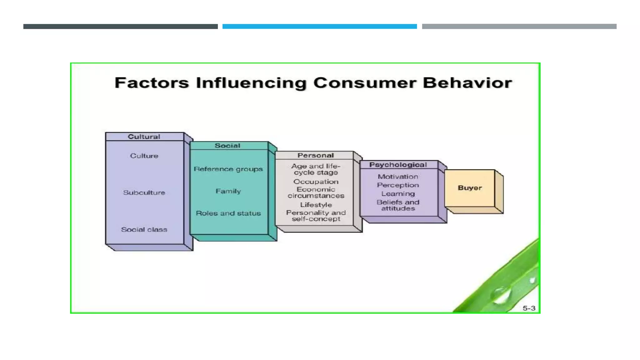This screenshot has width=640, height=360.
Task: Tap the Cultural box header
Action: pyautogui.click(x=144, y=137)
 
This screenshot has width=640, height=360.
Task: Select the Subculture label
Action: pyautogui.click(x=144, y=192)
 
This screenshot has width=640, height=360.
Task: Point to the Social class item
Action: pyautogui.click(x=144, y=229)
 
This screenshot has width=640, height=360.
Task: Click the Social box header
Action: pyautogui.click(x=227, y=146)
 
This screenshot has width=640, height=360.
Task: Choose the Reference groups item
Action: pyautogui.click(x=228, y=169)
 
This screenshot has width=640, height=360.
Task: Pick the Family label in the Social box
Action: pyautogui.click(x=228, y=191)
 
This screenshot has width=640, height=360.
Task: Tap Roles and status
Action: pyautogui.click(x=228, y=213)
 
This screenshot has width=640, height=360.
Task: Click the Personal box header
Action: pyautogui.click(x=316, y=155)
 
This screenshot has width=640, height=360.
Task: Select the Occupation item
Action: pyautogui.click(x=316, y=182)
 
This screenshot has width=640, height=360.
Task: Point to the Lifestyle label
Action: pyautogui.click(x=316, y=205)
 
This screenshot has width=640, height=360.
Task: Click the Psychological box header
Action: pyautogui.click(x=398, y=165)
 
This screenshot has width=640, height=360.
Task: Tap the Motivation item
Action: pyautogui.click(x=398, y=177)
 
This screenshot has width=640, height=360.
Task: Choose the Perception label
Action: pyautogui.click(x=398, y=185)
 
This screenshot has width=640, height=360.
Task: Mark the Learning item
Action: pyautogui.click(x=398, y=194)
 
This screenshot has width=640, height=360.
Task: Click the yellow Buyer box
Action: pyautogui.click(x=470, y=188)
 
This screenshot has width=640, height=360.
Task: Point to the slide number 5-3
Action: pyautogui.click(x=529, y=308)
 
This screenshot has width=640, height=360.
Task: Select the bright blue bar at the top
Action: pyautogui.click(x=319, y=27)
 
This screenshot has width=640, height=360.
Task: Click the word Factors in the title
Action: pyautogui.click(x=152, y=83)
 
